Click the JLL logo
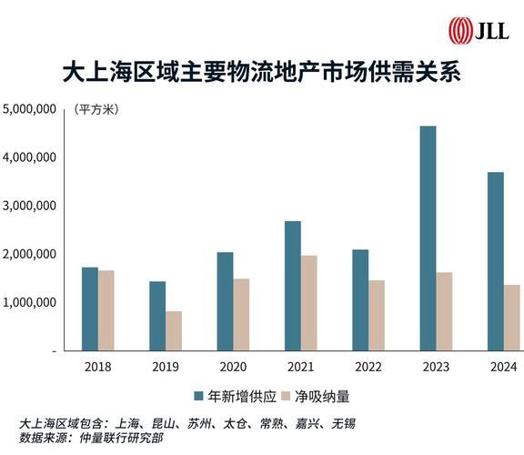[x=479, y=31]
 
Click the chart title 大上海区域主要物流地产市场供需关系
[x=261, y=74]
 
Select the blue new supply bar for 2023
[x=428, y=238]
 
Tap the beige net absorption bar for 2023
[x=444, y=311]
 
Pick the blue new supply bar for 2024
[x=496, y=261]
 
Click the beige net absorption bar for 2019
[x=174, y=330]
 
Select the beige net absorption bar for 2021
[x=309, y=302]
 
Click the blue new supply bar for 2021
[x=293, y=285]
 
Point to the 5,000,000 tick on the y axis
[x=31, y=109]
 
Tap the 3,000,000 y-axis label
[x=31, y=206]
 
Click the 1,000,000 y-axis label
[x=31, y=302]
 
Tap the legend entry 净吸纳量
[x=317, y=397]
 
